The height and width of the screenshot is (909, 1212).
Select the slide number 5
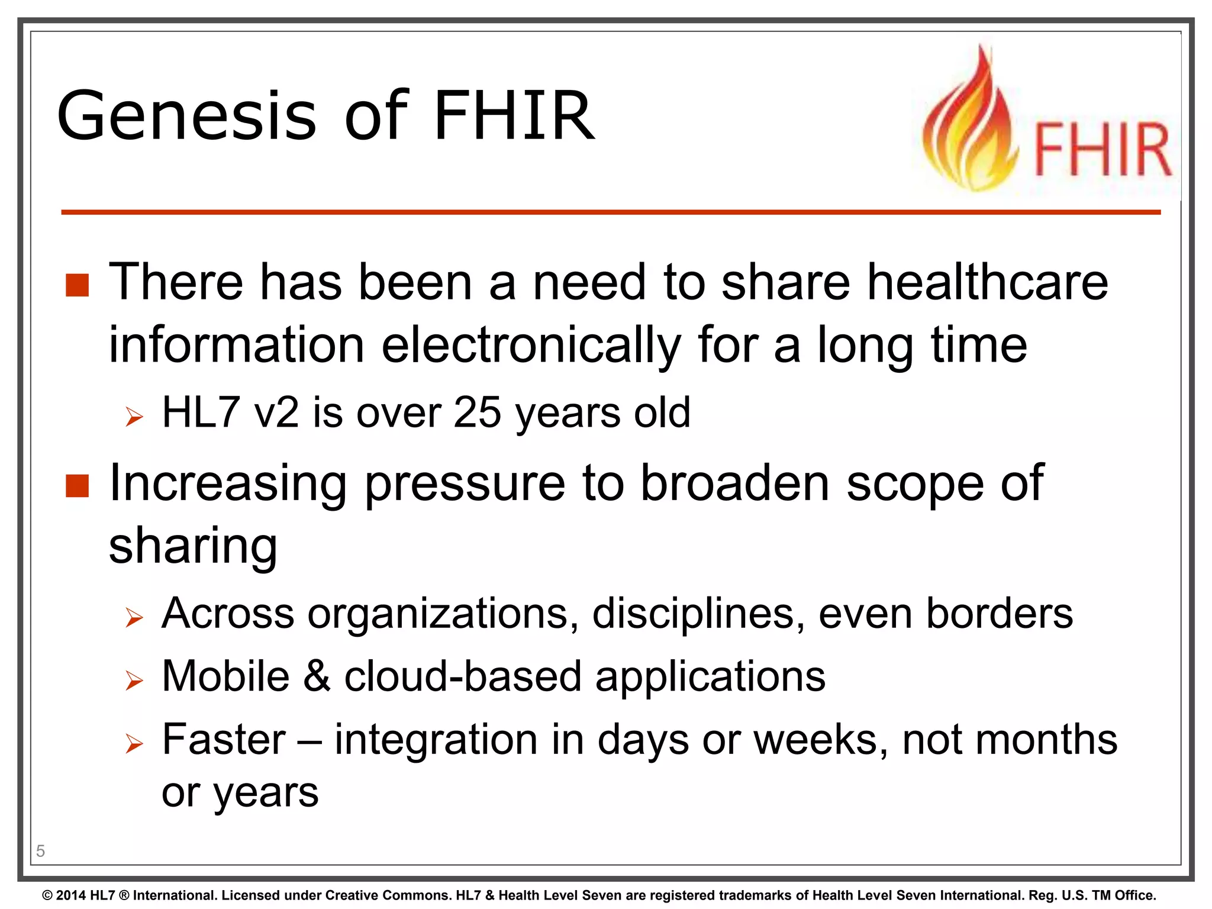40,851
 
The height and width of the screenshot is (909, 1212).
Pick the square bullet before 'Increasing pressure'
77,486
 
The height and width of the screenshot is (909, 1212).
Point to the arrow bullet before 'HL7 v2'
134,417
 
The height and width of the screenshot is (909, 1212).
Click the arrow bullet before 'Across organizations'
134,618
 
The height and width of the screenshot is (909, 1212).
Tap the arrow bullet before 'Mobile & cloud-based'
134,681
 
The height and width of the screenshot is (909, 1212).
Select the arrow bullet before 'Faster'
134,744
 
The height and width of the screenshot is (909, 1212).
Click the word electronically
531,345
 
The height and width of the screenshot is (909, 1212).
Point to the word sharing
193,546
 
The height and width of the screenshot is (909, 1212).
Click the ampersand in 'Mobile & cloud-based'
317,676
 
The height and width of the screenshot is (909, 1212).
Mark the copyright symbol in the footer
47,895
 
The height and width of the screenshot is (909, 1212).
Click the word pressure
465,483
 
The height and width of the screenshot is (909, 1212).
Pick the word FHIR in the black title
514,116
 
